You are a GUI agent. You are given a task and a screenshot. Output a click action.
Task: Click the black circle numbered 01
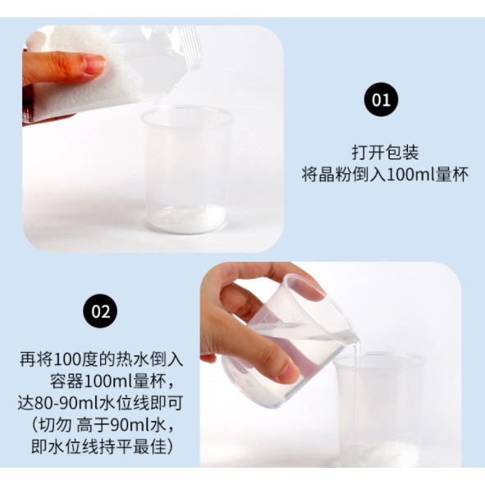tap(381, 99)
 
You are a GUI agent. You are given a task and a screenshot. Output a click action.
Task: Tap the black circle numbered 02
tap(100, 311)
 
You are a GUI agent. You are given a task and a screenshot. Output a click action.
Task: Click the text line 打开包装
tap(385, 153)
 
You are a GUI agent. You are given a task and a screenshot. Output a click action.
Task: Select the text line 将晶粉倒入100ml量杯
tap(385, 175)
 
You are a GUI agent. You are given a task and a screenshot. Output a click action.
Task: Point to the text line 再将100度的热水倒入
tap(102, 359)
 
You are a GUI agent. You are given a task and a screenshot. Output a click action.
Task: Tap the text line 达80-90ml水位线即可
tap(100, 403)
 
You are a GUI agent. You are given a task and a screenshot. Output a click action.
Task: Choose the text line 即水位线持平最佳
tap(99, 447)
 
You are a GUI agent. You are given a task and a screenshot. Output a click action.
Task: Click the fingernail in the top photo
tap(94, 64)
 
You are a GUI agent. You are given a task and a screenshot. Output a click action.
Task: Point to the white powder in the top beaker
tap(187, 218)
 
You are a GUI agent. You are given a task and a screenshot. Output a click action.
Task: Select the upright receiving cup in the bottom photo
tap(380, 410)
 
